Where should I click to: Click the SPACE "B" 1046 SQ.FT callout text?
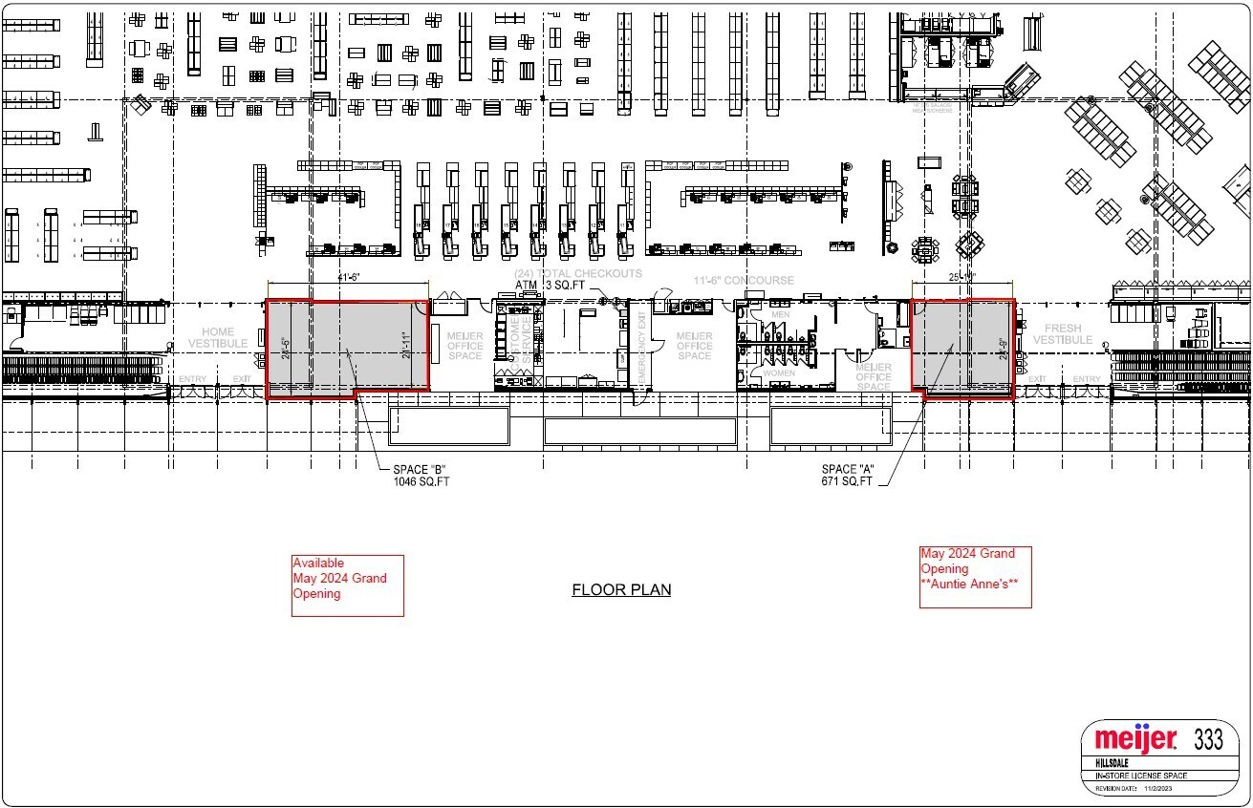421,475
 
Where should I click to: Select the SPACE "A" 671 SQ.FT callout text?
848,475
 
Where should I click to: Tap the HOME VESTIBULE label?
218,338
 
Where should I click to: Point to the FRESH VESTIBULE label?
1062,334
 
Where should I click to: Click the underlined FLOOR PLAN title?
621,589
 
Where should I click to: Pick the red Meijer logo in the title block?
1135,739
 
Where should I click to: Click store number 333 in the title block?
1210,738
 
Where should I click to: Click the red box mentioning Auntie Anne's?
975,577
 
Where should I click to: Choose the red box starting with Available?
347,585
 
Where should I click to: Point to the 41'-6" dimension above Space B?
347,276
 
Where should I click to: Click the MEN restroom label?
781,314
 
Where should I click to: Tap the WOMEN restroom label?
779,373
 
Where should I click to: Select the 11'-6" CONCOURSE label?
744,281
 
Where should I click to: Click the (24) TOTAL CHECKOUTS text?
578,274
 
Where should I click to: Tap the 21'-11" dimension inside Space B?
409,349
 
